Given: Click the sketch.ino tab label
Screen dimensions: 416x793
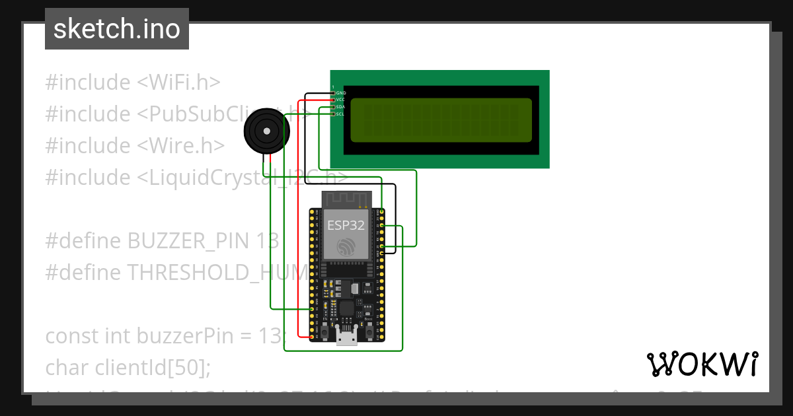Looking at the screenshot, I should pos(116,30).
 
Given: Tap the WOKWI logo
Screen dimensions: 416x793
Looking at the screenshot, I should pos(702,364).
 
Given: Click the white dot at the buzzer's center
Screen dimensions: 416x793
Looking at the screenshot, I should pos(266,132).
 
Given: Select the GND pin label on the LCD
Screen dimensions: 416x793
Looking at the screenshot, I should pos(341,93).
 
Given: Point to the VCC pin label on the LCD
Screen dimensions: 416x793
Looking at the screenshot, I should pos(341,100).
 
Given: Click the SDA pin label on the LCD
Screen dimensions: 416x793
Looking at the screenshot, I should pos(341,107).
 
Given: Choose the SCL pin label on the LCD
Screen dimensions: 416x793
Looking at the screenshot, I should pos(341,114).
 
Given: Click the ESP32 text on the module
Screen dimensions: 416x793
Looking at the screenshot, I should pos(345,225).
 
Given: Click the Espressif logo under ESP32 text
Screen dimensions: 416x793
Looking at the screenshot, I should pos(346,246).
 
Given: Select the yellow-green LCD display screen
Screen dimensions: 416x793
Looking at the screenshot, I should pos(441,120).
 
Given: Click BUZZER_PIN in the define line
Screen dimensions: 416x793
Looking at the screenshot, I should pos(187,241).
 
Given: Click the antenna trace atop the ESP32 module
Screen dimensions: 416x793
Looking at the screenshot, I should pos(346,197).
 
